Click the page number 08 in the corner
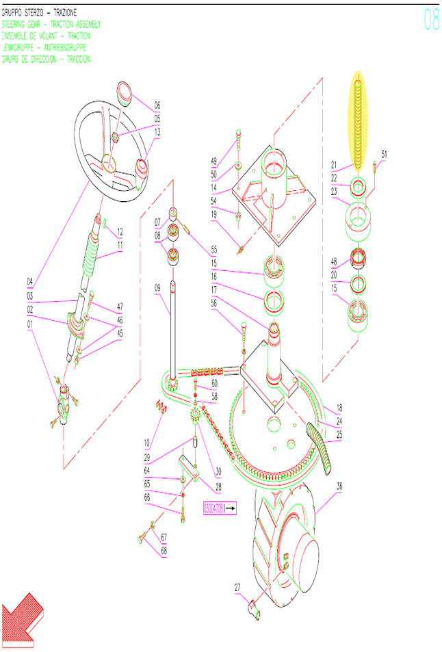[431, 20]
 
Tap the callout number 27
[237, 586]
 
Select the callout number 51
[384, 155]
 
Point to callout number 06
[157, 105]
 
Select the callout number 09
[157, 288]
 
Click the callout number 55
[214, 250]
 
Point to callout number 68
[164, 551]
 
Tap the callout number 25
[339, 434]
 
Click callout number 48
[335, 261]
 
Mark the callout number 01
[30, 324]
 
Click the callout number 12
[120, 231]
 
